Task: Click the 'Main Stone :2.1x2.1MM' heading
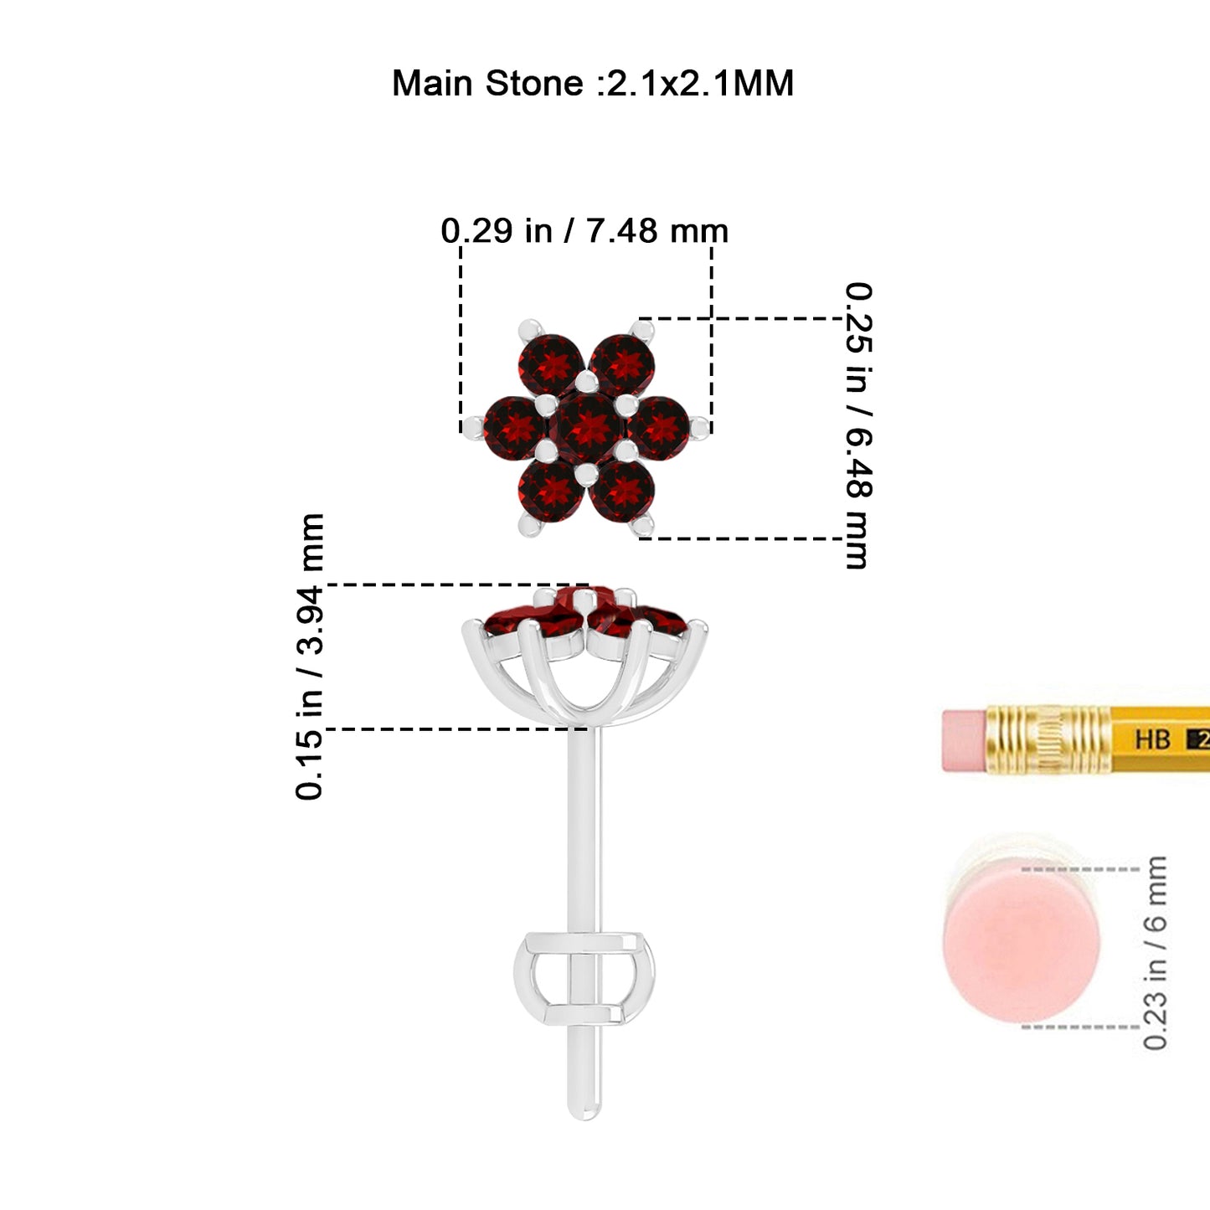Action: pyautogui.click(x=593, y=83)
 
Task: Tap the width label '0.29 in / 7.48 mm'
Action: pyautogui.click(x=584, y=230)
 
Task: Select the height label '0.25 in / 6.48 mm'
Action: pyautogui.click(x=858, y=425)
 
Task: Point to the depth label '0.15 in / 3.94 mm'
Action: pyautogui.click(x=310, y=656)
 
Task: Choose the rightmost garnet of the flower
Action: pyautogui.click(x=658, y=428)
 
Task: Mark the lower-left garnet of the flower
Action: pyautogui.click(x=551, y=491)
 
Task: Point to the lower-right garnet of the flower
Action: pyautogui.click(x=622, y=491)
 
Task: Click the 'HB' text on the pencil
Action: pyautogui.click(x=1153, y=739)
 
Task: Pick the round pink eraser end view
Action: pyautogui.click(x=1021, y=948)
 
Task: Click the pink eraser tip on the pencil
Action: pyautogui.click(x=965, y=740)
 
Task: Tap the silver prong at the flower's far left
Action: pyautogui.click(x=471, y=427)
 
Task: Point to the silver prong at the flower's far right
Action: pyautogui.click(x=699, y=427)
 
